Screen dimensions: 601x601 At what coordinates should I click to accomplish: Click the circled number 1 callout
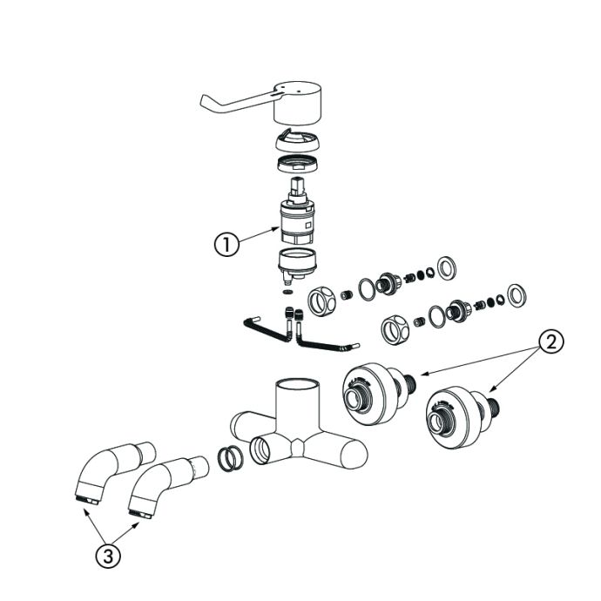(226, 245)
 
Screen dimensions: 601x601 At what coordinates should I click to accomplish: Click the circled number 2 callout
(550, 342)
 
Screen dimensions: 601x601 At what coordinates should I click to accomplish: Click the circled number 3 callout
(108, 556)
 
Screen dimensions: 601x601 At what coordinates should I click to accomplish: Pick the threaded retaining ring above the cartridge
(298, 164)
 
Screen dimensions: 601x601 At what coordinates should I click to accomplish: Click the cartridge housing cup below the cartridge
(297, 265)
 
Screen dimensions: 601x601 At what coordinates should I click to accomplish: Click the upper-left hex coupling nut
(321, 302)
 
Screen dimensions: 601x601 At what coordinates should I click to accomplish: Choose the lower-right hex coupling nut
(395, 329)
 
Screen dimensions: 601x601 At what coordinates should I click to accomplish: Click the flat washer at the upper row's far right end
(447, 267)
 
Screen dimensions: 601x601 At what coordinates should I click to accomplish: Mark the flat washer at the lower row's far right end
(517, 295)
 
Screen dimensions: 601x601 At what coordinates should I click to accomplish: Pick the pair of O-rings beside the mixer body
(230, 458)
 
